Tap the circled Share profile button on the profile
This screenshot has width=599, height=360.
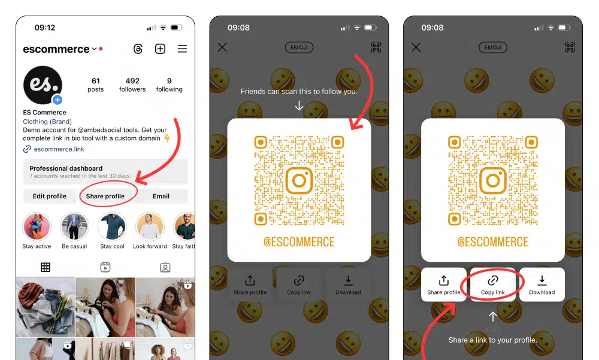[105, 196]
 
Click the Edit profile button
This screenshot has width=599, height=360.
[50, 196]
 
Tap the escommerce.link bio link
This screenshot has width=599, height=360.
[59, 149]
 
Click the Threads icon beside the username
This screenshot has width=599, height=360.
[138, 49]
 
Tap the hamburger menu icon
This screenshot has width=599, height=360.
[182, 49]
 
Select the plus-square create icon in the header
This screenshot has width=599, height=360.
[160, 49]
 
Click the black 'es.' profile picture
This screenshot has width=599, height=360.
[43, 85]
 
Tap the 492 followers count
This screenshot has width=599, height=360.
[132, 84]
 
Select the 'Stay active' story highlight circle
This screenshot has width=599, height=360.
[37, 226]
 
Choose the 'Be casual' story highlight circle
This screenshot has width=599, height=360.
[74, 226]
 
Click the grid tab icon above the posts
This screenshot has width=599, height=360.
[46, 267]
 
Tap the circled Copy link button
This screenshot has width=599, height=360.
[493, 285]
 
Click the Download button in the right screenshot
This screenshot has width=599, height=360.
[541, 285]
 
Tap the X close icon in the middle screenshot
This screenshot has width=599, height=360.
[222, 47]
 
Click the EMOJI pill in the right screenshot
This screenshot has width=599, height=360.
[493, 47]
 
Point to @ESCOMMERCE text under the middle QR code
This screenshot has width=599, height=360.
[299, 242]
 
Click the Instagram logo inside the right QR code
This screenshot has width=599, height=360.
[493, 180]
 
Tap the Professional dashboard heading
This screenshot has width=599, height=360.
[66, 168]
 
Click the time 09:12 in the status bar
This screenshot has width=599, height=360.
[45, 28]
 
